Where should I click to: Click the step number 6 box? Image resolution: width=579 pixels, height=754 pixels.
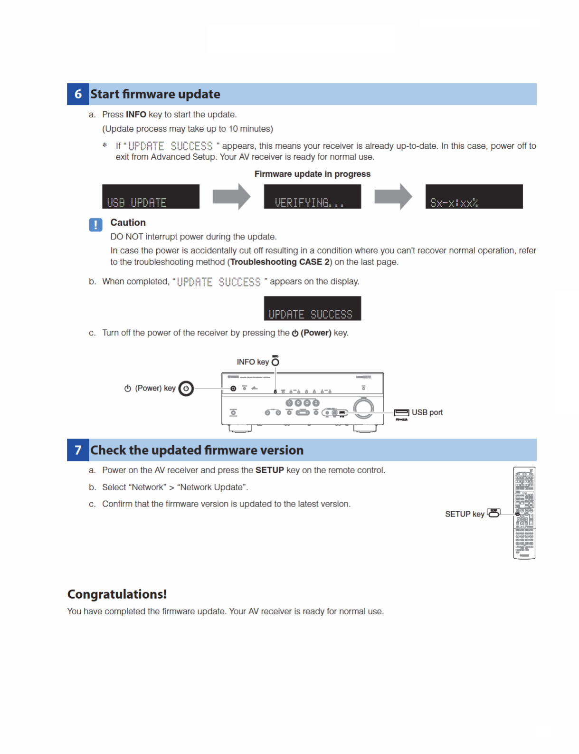pyautogui.click(x=78, y=94)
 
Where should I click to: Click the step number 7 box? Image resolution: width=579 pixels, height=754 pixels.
pyautogui.click(x=78, y=450)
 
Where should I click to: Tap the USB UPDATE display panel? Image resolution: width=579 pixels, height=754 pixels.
pyautogui.click(x=151, y=197)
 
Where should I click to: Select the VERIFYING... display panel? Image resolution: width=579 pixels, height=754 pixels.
pyautogui.click(x=312, y=197)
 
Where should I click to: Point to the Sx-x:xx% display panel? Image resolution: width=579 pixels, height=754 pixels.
pyautogui.click(x=474, y=197)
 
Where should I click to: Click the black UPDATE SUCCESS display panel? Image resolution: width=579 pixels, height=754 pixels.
pyautogui.click(x=312, y=308)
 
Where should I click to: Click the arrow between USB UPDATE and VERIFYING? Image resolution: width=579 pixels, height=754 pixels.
pyautogui.click(x=231, y=196)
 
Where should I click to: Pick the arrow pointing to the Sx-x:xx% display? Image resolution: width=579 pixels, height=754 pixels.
pyautogui.click(x=393, y=196)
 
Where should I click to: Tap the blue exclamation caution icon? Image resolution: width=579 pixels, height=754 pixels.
pyautogui.click(x=95, y=225)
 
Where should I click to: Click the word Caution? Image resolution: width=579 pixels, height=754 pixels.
pyautogui.click(x=128, y=222)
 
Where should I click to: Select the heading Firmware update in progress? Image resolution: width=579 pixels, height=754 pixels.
pyautogui.click(x=312, y=174)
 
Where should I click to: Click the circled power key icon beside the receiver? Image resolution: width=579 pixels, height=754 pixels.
pyautogui.click(x=186, y=388)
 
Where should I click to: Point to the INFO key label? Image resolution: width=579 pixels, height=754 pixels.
pyautogui.click(x=253, y=362)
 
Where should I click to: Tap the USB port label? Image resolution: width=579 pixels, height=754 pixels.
pyautogui.click(x=427, y=412)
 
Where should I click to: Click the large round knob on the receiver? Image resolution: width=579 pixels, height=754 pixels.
pyautogui.click(x=363, y=407)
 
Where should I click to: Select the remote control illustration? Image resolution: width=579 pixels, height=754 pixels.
pyautogui.click(x=524, y=513)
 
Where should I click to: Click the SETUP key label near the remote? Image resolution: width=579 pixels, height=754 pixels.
pyautogui.click(x=465, y=514)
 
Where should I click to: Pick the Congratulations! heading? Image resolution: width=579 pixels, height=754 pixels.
pyautogui.click(x=117, y=594)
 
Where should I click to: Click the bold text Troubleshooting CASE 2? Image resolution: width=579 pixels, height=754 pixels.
pyautogui.click(x=280, y=262)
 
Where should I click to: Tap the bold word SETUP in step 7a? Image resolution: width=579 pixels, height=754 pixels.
pyautogui.click(x=269, y=470)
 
